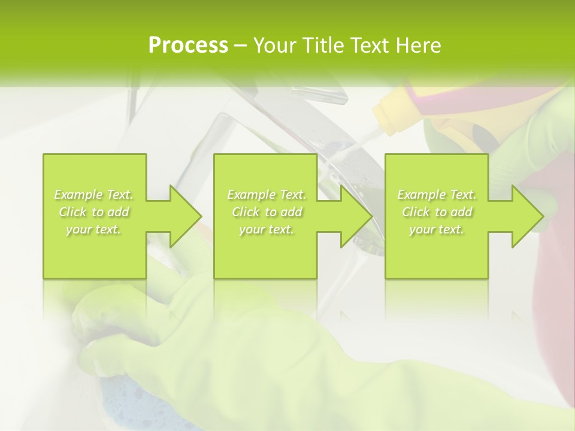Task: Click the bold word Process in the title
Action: point(188,45)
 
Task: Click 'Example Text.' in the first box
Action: point(94,195)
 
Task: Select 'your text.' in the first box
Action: point(94,229)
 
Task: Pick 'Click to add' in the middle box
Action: point(267,212)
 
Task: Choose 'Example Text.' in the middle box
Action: point(267,195)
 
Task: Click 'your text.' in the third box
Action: point(437,229)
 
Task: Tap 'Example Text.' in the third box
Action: point(437,195)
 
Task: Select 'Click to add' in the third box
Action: point(437,212)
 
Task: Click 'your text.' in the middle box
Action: point(267,229)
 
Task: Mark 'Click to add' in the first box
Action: point(94,212)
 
